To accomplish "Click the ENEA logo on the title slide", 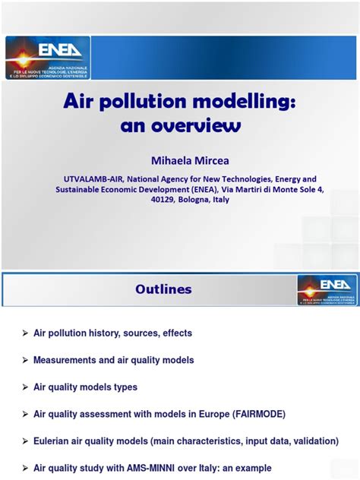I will tap(47, 57).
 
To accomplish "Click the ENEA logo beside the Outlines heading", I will tap(327, 290).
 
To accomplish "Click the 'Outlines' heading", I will tap(163, 289).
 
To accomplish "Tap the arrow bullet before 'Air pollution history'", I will tap(25, 333).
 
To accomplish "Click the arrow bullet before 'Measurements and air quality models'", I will tap(25, 360).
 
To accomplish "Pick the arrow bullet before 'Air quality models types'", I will tap(25, 387).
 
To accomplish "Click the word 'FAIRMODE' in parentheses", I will tap(252, 414).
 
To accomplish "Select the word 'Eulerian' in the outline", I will tap(54, 441).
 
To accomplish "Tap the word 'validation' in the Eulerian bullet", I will tap(289, 441).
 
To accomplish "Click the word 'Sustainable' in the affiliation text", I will tap(81, 190).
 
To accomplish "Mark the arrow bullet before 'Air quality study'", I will tap(25, 468).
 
